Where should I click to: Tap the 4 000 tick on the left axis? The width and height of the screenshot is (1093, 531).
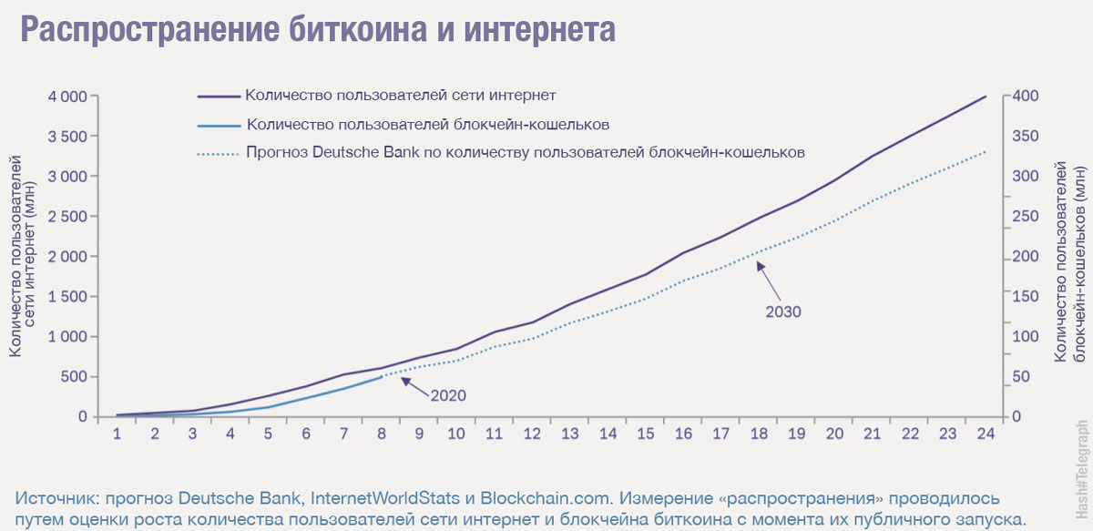point(67,97)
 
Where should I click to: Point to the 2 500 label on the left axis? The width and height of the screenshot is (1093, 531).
point(67,216)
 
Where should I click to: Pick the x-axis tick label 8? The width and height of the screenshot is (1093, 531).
point(382,434)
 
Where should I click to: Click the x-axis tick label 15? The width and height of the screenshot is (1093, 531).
point(646,434)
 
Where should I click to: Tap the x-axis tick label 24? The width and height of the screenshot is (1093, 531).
point(986,434)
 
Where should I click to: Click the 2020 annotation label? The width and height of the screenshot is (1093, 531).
point(448,395)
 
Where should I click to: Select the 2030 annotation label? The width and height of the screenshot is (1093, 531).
point(783,311)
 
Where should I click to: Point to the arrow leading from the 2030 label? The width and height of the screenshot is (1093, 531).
point(769,281)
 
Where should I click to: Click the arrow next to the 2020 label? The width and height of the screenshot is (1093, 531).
point(415,386)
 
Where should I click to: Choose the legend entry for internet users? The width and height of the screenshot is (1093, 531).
point(400,95)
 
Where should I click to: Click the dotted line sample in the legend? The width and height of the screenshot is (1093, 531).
point(219,154)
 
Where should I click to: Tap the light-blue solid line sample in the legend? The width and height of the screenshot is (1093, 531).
point(219,126)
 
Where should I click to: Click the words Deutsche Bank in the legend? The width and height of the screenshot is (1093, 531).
point(365,153)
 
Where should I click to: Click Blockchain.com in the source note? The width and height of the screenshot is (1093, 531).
point(546,498)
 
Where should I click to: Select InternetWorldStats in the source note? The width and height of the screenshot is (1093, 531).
point(385,498)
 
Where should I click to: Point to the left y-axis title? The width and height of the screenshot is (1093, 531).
point(23,256)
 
